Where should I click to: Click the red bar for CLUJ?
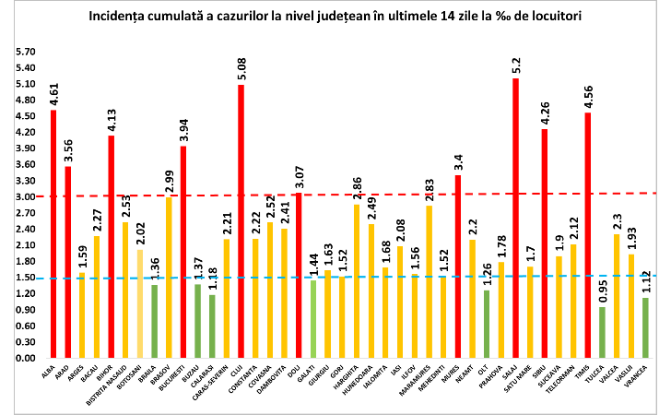click(241, 221)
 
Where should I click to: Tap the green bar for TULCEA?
click(602, 332)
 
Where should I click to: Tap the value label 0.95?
click(602, 292)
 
